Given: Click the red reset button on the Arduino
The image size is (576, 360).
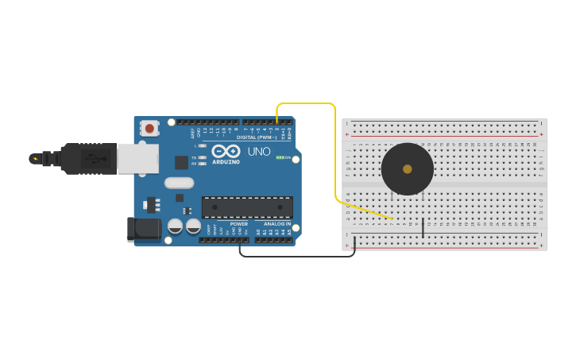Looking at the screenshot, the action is [x=149, y=128].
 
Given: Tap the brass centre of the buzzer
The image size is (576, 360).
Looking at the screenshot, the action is [x=408, y=168].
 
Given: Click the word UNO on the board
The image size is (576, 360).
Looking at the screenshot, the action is [x=259, y=152].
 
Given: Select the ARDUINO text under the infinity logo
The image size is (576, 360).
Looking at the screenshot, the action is [x=226, y=161].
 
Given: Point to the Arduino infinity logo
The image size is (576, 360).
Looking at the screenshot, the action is [x=226, y=151].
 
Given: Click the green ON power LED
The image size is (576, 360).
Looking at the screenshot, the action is [x=279, y=157].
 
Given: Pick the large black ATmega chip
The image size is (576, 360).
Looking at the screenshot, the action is [x=246, y=207].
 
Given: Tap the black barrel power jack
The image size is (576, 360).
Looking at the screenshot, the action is [x=143, y=229].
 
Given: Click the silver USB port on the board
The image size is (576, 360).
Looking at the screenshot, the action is [x=137, y=158].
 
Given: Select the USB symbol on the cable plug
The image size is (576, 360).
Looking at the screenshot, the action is [x=93, y=158].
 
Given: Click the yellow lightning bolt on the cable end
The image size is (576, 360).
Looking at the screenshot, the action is [x=34, y=158].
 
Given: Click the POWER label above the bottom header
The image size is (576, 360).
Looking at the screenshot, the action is [x=238, y=224].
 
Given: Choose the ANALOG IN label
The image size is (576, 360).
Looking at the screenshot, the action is [x=277, y=224].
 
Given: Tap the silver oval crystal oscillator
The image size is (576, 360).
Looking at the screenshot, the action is [x=180, y=182].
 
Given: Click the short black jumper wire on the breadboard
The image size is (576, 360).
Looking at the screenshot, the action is [x=423, y=226].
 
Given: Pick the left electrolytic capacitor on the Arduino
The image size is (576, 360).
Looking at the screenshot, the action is [x=175, y=226].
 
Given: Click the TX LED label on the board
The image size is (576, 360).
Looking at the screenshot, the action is [x=194, y=157].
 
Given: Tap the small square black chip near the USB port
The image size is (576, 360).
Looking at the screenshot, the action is [x=181, y=162].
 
